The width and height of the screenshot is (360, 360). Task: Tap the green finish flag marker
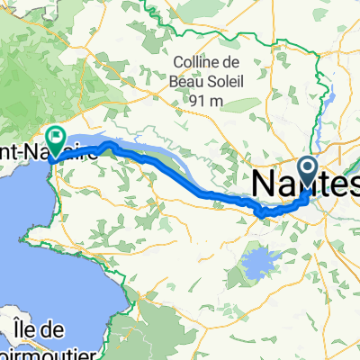click(56, 138)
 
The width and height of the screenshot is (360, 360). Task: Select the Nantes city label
click(306, 184)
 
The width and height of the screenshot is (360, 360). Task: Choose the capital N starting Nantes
click(266, 184)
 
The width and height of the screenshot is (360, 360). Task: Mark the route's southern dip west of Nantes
click(262, 213)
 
